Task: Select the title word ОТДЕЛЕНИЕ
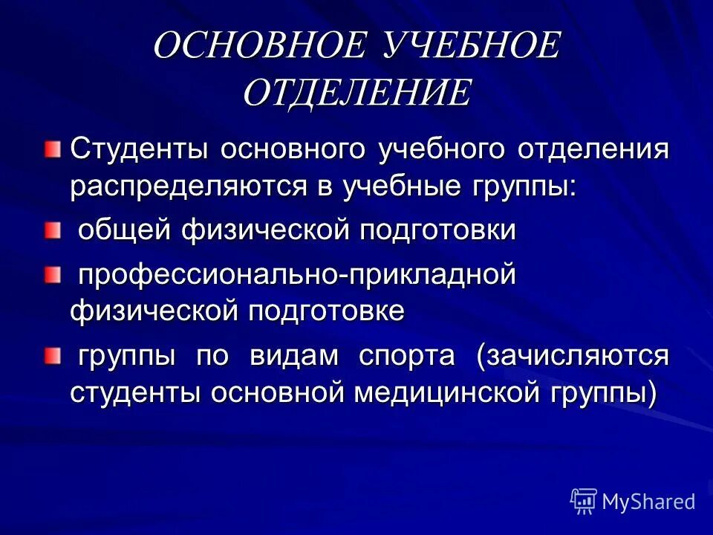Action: [x=356, y=93]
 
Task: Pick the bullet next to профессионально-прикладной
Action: [x=51, y=278]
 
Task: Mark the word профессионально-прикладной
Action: [x=298, y=275]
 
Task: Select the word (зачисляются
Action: [x=573, y=357]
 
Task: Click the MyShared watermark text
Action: [x=648, y=502]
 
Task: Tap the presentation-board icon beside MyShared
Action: [x=584, y=501]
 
